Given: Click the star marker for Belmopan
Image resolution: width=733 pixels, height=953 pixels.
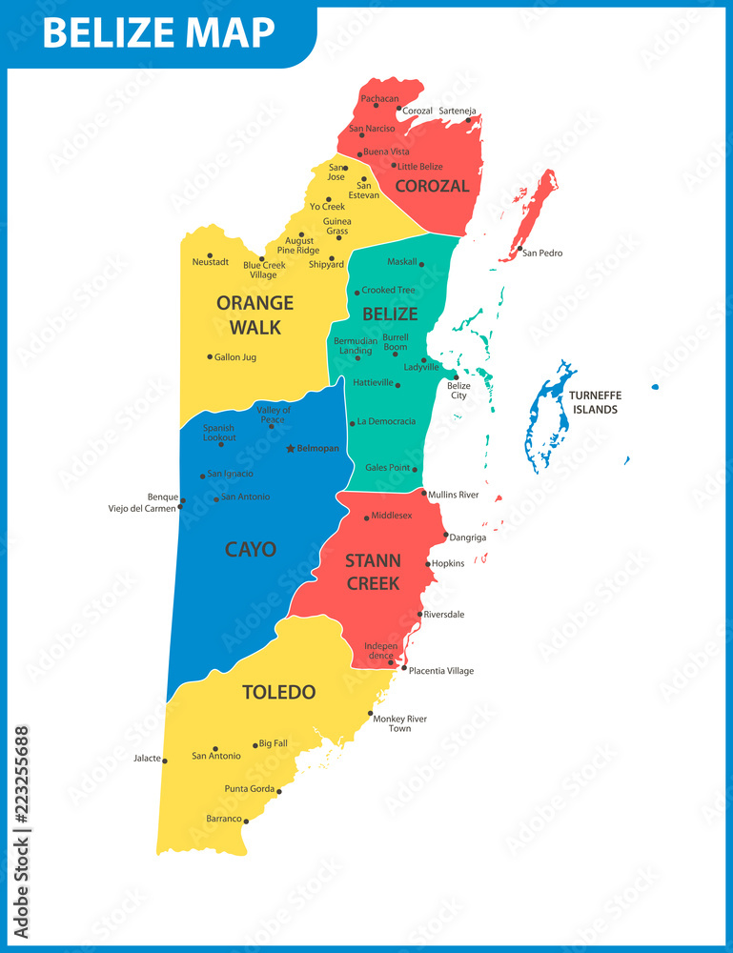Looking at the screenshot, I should [291, 448].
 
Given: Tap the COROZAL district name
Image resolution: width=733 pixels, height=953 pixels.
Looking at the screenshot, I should [432, 186].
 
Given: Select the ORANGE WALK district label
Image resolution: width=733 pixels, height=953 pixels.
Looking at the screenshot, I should [255, 315].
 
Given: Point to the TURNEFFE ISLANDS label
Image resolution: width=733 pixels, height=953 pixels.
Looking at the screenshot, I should [594, 402].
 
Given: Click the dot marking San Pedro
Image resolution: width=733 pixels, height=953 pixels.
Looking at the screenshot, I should [519, 250].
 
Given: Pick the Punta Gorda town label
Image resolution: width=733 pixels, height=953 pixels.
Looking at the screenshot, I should [250, 789].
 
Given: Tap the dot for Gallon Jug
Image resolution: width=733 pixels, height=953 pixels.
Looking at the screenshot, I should [210, 357].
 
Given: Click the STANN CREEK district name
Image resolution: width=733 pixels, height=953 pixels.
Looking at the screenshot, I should [373, 571].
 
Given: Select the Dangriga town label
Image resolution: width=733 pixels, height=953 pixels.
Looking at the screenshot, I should [468, 537].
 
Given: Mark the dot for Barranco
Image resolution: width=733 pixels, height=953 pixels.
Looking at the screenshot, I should [246, 821].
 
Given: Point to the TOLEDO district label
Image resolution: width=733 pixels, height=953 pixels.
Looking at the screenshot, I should [278, 692].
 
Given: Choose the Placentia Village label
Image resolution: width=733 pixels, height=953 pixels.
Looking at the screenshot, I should [441, 671].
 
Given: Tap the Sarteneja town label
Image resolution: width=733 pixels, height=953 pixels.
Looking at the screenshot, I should [458, 112].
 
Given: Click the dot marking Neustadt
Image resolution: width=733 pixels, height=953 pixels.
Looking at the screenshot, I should [210, 255].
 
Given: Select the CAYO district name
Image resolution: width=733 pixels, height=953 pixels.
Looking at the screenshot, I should [251, 549].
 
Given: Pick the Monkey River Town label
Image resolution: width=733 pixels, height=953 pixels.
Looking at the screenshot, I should [399, 723].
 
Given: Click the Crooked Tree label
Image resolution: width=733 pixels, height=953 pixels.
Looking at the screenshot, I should [388, 290].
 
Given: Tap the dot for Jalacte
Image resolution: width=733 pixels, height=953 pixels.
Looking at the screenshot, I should [165, 760].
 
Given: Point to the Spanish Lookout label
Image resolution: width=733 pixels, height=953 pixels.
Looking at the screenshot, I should [218, 433].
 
